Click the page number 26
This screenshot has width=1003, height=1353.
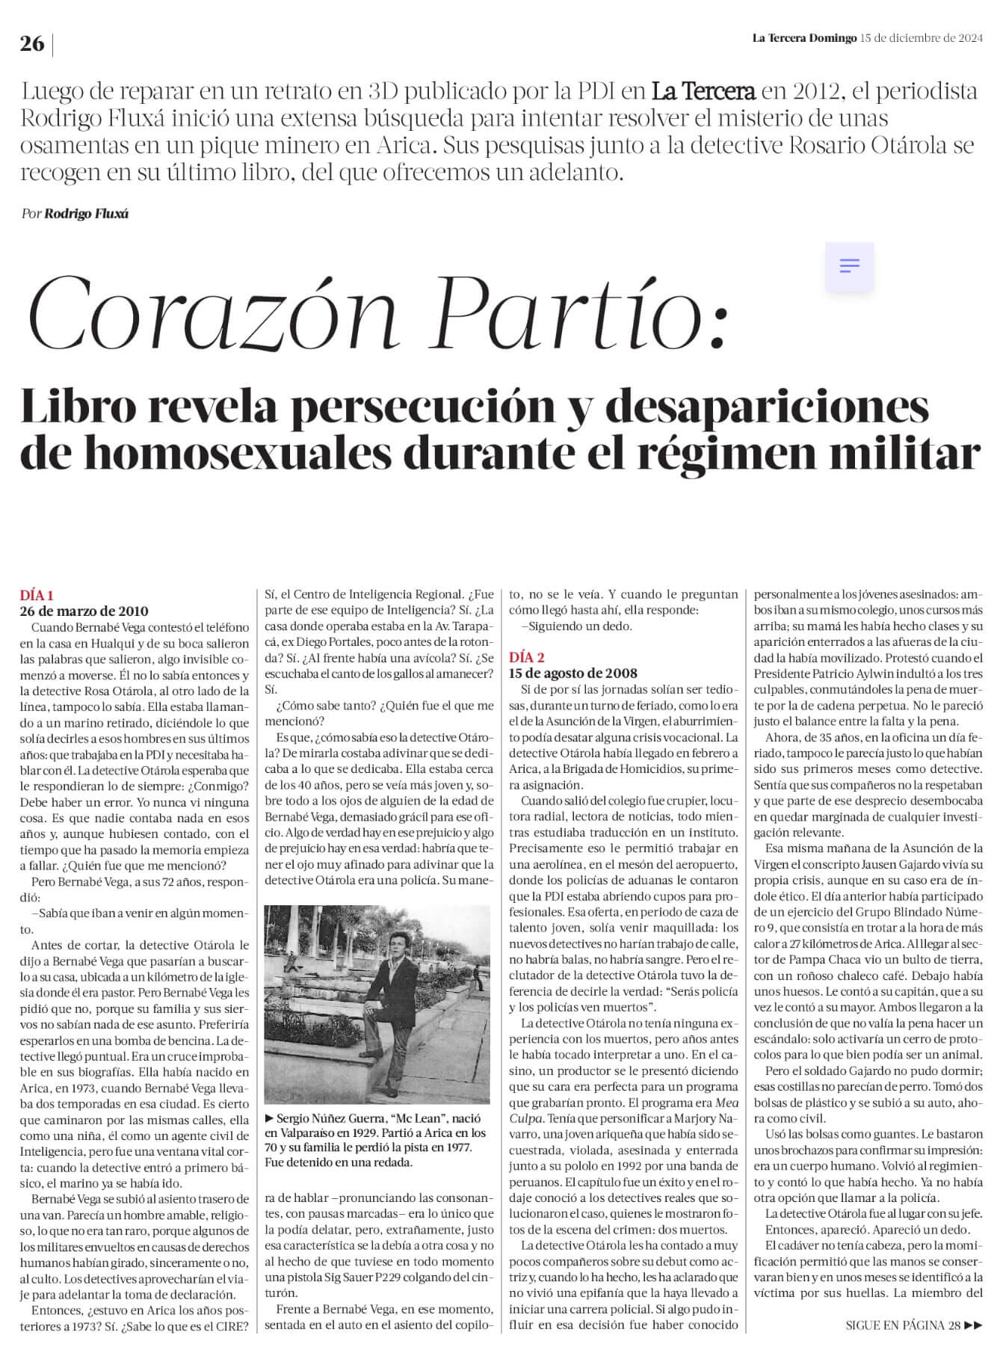[32, 44]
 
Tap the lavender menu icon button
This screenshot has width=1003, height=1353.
[850, 266]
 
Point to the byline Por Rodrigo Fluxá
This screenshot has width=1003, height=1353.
[75, 214]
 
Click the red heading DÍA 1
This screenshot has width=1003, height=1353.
[37, 596]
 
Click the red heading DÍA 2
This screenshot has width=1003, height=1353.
[527, 658]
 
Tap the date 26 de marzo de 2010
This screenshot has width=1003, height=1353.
[84, 611]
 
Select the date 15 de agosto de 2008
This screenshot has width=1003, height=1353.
[573, 673]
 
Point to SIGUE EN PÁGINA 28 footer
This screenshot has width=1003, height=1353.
[913, 1325]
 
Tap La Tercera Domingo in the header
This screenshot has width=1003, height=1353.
[803, 38]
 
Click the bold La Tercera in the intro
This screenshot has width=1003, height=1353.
[703, 92]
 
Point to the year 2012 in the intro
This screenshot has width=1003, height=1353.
[812, 92]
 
